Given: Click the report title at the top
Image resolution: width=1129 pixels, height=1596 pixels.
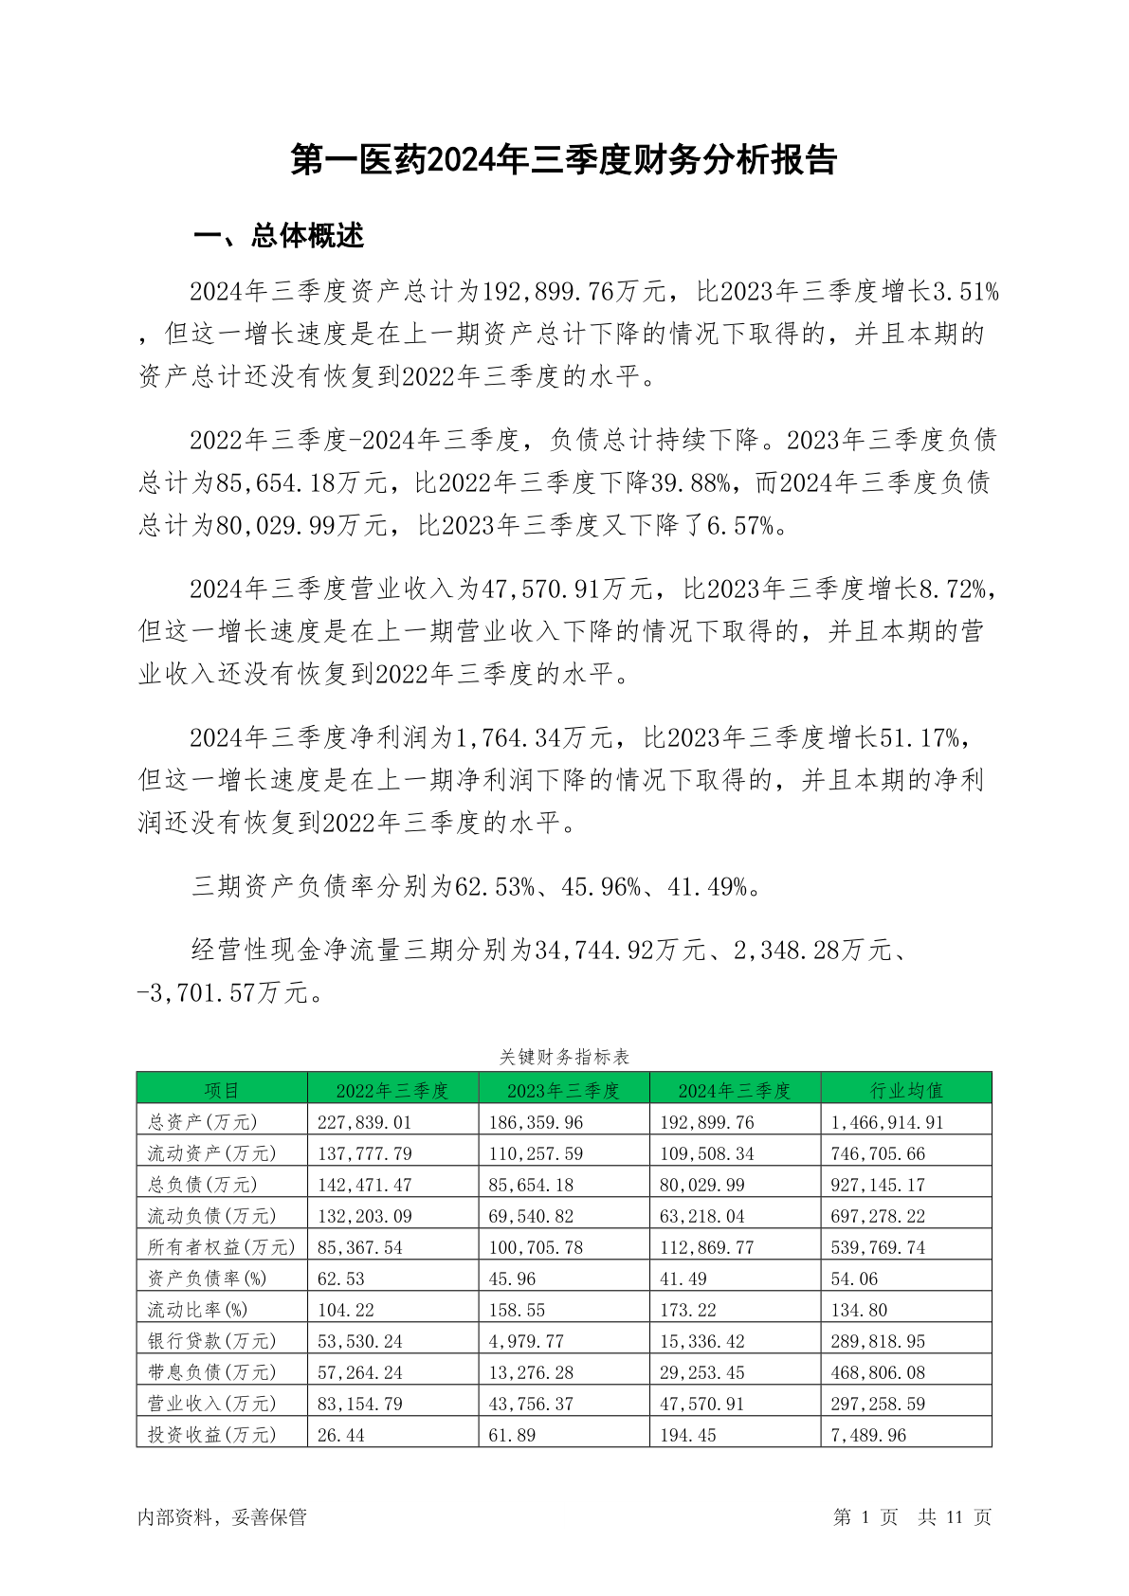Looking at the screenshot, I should (564, 160).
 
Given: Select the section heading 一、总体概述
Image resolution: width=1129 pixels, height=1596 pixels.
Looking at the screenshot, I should (279, 236).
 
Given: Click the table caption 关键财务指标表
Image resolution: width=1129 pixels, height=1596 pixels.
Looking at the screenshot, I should (564, 1057).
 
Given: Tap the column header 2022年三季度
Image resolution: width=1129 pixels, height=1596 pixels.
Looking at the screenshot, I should (392, 1090).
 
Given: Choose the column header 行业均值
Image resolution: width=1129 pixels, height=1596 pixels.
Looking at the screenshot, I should (906, 1090).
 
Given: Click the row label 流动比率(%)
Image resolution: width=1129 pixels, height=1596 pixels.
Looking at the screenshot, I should (198, 1310).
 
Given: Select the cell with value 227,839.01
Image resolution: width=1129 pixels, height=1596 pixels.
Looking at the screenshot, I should (365, 1122).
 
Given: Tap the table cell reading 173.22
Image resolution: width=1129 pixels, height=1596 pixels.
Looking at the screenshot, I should (688, 1310).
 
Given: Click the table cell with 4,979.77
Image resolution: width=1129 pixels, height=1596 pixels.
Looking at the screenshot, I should (526, 1341).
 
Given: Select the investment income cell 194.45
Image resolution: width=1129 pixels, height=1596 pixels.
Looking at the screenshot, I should (688, 1435).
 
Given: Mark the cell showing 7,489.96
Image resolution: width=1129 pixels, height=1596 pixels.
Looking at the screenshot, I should (868, 1435).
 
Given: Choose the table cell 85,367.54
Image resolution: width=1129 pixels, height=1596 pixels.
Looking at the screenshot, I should (360, 1247).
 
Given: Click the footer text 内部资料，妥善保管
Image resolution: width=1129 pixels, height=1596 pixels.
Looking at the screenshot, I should (222, 1517).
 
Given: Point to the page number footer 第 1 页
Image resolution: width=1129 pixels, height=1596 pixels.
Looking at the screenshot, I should (865, 1517).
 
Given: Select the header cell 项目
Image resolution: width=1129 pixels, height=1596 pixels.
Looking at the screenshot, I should (222, 1090).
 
